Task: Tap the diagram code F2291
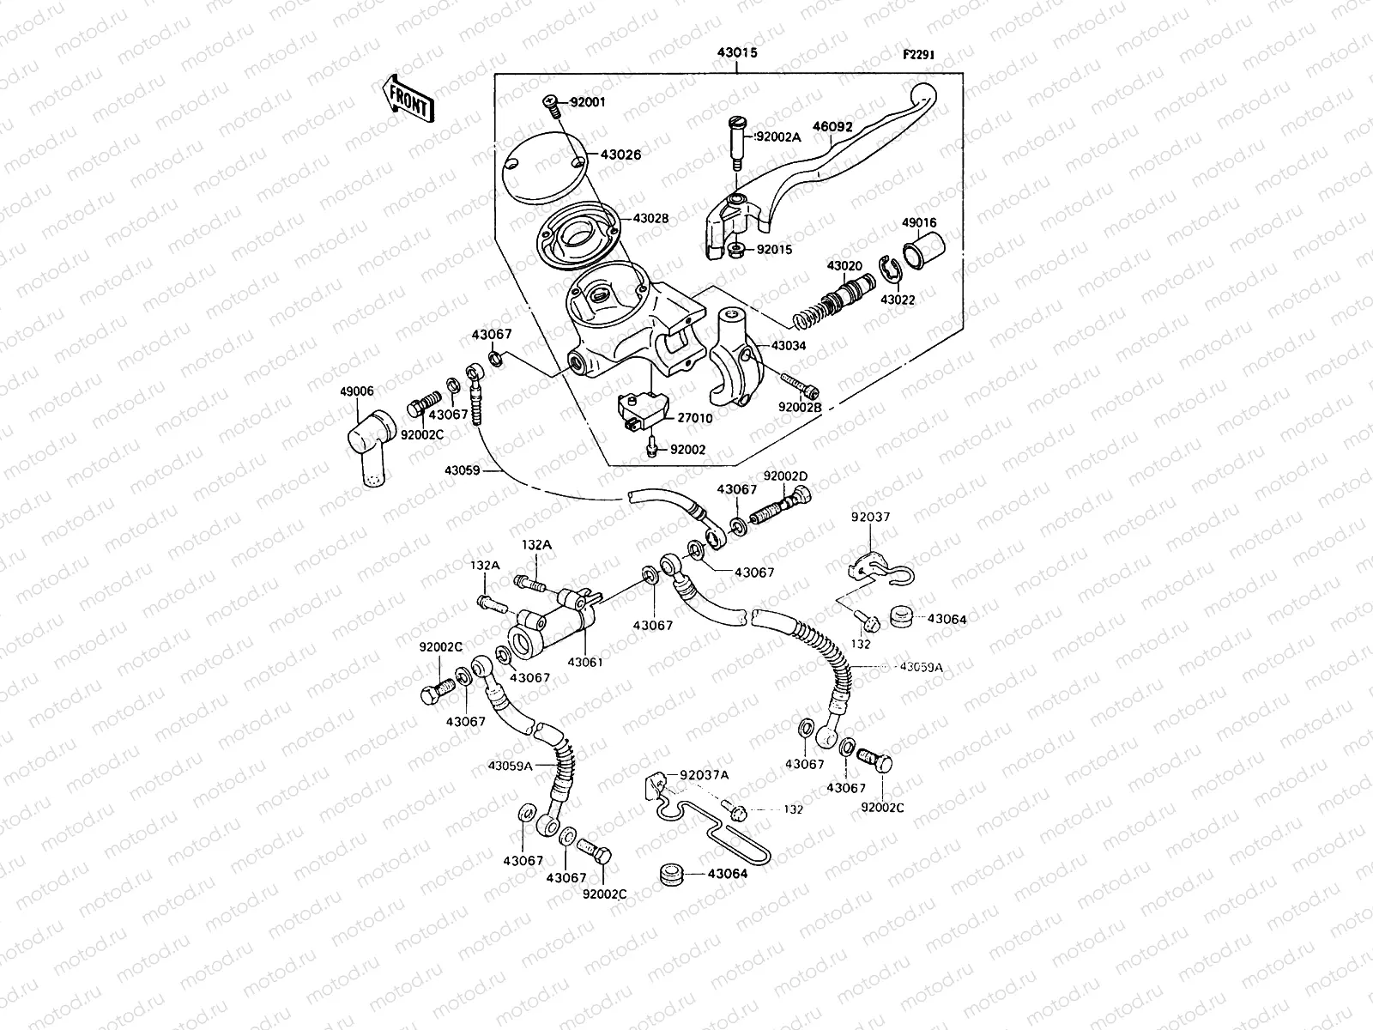click(x=917, y=55)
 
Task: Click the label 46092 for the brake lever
click(x=832, y=127)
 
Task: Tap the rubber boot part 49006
click(x=370, y=447)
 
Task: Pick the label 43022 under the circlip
click(x=898, y=300)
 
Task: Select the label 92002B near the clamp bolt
click(x=801, y=408)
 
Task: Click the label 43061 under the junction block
click(x=585, y=662)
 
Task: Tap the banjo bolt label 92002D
click(x=786, y=476)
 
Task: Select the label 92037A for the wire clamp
click(x=704, y=774)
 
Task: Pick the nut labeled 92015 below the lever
click(x=735, y=251)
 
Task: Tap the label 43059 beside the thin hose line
click(x=462, y=470)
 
